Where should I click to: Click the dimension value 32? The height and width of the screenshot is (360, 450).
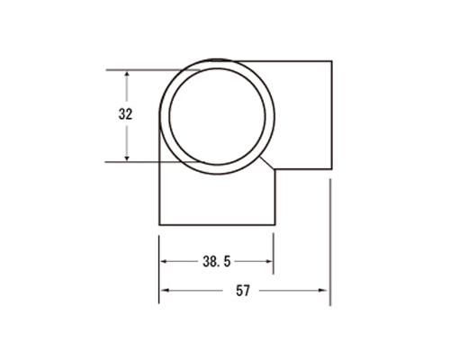coord(125,114)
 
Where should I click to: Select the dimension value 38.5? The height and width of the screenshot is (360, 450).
coord(217,262)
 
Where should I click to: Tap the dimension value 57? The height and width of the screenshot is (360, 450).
coord(243,291)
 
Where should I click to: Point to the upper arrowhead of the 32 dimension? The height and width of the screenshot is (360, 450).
coord(127,74)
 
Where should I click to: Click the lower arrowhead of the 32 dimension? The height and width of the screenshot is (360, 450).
coord(127,158)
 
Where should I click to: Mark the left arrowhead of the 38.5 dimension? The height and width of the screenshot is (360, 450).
coord(164,262)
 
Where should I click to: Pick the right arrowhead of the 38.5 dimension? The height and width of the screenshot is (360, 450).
coord(269,262)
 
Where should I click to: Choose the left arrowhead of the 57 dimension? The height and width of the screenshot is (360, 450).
coord(164,291)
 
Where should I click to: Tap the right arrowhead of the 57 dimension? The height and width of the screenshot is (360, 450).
coord(324,291)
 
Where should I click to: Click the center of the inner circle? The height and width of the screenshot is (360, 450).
coord(217,117)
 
